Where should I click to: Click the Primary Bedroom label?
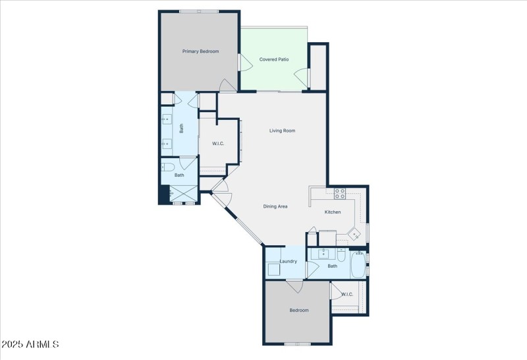pyautogui.click(x=200, y=51)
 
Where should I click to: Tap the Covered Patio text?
pyautogui.click(x=274, y=59)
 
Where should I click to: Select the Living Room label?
pyautogui.click(x=282, y=131)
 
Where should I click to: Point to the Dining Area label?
pyautogui.click(x=275, y=206)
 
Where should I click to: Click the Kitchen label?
pyautogui.click(x=333, y=212)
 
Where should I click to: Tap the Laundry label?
pyautogui.click(x=288, y=261)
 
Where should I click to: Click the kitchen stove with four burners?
pyautogui.click(x=340, y=193)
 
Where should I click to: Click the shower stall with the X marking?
pyautogui.click(x=183, y=194)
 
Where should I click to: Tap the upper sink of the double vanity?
pyautogui.click(x=167, y=120)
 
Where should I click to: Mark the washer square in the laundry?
pyautogui.click(x=274, y=268)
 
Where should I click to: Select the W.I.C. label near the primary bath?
pyautogui.click(x=218, y=144)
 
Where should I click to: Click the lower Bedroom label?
pyautogui.click(x=298, y=310)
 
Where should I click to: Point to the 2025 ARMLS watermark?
pyautogui.click(x=30, y=344)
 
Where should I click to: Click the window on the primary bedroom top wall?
pyautogui.click(x=199, y=11)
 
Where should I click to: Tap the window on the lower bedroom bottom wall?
pyautogui.click(x=297, y=344)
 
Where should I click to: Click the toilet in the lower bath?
pyautogui.click(x=343, y=254)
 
